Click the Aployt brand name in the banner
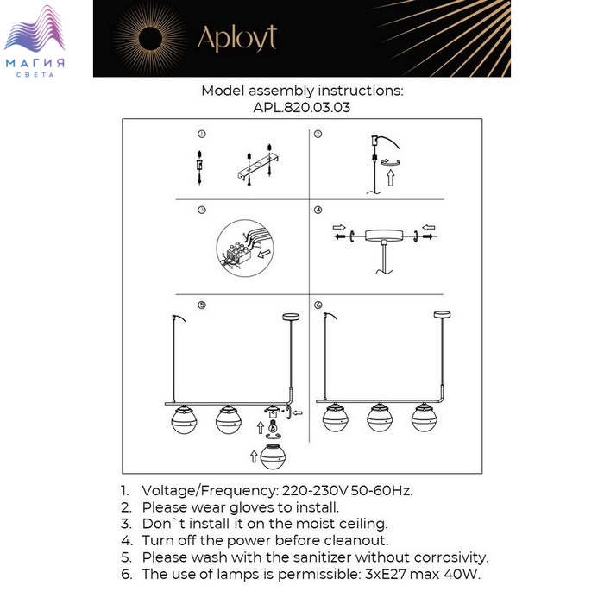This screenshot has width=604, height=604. pos(237,39)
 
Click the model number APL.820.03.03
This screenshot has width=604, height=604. pos(302,107)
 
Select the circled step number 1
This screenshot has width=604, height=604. pos(201,134)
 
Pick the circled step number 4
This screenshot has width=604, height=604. pos(318,210)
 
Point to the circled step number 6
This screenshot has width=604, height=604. pos(318,305)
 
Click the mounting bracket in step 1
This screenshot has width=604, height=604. pos(257,167)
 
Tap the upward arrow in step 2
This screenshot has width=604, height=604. pos(391,178)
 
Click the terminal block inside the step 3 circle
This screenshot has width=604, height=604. pos(238,251)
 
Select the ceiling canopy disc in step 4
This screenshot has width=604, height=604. pos(384,235)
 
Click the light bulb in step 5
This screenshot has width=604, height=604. pos(273,426)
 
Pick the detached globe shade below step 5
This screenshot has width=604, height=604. pos(274,456)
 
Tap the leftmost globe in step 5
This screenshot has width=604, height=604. pos(184,420)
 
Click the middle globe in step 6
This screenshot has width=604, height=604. pos(380,418)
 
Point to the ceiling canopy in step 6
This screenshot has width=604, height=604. pos(442,314)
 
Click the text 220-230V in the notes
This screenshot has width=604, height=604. pos(315,491)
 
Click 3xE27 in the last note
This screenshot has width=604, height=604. pos(385,575)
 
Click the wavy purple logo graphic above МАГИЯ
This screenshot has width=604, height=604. pos(35,28)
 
